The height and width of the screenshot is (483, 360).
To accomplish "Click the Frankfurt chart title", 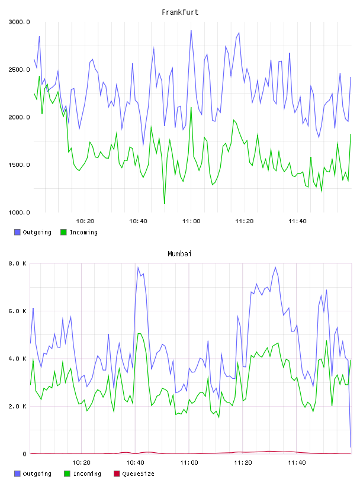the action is (180, 12).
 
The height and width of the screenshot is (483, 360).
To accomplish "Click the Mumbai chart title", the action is (179, 253).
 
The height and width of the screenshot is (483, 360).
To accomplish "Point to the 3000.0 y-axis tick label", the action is (19, 22).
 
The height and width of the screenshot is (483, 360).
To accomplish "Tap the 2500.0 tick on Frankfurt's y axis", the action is (19, 70).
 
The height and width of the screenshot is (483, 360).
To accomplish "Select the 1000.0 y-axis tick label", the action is (19, 212).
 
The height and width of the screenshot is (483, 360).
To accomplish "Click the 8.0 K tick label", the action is (18, 263).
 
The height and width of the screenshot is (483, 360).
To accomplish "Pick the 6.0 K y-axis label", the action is (18, 311).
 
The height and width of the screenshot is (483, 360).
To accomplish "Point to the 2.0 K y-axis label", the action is (18, 406).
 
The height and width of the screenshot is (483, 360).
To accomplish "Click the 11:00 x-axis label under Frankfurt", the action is (191, 221).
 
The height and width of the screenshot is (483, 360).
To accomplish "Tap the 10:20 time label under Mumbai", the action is (81, 463).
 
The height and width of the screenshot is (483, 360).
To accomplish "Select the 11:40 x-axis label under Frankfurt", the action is (297, 221).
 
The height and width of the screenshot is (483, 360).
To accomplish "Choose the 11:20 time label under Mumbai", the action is (243, 463).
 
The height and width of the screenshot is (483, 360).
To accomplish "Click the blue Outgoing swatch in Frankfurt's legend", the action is (17, 232).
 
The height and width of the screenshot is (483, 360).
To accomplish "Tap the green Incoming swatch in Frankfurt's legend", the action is (63, 232).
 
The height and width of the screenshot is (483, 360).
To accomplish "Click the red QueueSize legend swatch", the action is (117, 474).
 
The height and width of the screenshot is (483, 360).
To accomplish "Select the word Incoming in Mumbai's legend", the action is (87, 474).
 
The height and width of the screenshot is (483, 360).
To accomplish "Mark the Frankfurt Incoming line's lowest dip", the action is (164, 204).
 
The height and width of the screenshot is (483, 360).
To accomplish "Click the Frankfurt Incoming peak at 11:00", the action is (191, 108).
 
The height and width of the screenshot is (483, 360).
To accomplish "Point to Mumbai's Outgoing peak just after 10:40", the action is (138, 268).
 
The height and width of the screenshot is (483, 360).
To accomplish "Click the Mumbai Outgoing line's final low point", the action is (351, 447).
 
